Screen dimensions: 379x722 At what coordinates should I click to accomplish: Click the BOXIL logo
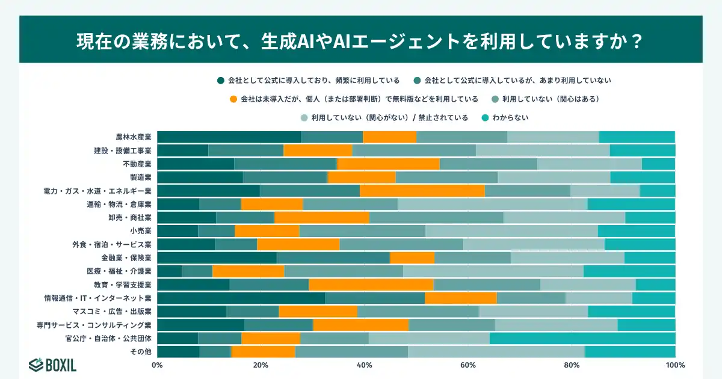point(52,365)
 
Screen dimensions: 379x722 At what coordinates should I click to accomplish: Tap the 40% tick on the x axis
point(364,365)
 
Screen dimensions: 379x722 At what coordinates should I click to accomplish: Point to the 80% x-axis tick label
point(572,365)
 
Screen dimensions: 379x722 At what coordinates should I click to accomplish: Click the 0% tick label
point(157,365)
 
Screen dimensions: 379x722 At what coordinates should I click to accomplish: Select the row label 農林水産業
point(133,137)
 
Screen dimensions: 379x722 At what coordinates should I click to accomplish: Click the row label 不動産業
point(138,164)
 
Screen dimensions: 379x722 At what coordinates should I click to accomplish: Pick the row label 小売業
point(140,230)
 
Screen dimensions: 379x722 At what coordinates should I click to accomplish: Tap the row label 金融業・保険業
point(129,257)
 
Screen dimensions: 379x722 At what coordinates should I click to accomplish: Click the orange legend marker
point(233,99)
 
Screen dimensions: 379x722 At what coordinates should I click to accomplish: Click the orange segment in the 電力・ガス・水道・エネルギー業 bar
point(422,191)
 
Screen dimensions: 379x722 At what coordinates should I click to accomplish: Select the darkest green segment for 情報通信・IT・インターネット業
point(241,298)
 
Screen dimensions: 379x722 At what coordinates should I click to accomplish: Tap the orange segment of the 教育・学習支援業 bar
point(371,285)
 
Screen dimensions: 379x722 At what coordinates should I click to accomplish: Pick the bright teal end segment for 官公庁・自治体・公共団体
point(582,338)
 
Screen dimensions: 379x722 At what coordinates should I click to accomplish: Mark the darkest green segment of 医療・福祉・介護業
point(169,271)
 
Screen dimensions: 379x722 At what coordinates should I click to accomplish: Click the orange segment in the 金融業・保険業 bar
point(412,257)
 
